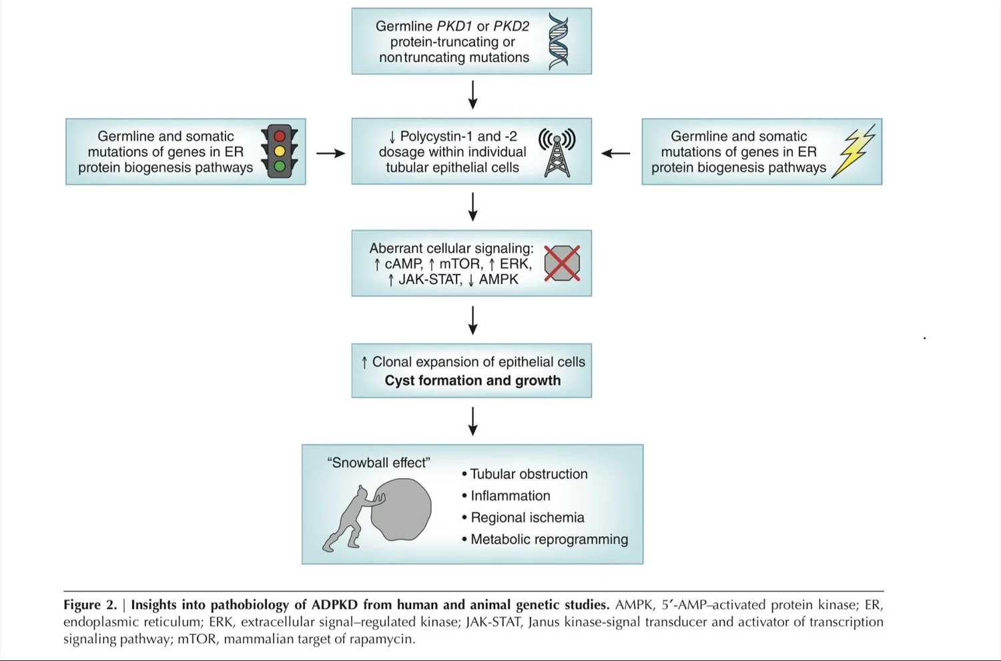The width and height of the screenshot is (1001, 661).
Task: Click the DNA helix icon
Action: [558, 41]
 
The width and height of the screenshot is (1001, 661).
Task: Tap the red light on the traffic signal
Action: [280, 136]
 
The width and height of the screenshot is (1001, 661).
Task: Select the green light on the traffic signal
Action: [280, 166]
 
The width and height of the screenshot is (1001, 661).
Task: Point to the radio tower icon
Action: [557, 152]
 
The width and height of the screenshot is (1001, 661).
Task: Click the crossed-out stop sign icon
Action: [562, 263]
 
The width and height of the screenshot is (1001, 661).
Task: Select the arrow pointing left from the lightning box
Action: [615, 153]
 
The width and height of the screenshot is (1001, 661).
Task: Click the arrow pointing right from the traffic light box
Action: [330, 153]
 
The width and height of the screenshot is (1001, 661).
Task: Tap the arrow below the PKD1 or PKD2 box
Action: [472, 95]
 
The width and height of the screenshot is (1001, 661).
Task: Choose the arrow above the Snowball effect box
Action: [472, 421]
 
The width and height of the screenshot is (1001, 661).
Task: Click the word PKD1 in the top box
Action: [454, 26]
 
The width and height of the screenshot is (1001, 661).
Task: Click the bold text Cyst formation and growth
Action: [472, 381]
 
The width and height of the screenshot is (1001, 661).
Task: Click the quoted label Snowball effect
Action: [378, 463]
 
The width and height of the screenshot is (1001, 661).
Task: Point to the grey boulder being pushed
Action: [402, 509]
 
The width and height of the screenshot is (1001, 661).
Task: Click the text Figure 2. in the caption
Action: [89, 605]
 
